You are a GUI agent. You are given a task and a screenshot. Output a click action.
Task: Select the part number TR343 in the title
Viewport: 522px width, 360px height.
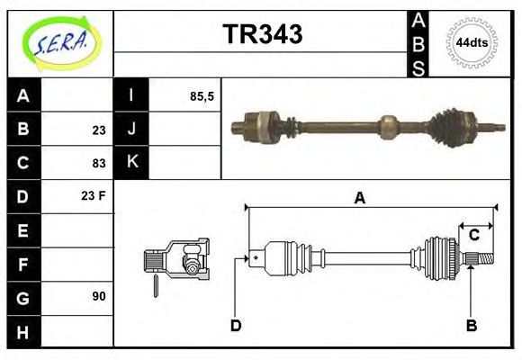(x=262, y=34)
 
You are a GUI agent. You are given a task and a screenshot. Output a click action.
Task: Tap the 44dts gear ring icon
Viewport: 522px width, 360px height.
(x=472, y=43)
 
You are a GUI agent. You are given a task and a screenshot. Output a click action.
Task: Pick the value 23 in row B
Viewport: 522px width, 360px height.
(x=98, y=130)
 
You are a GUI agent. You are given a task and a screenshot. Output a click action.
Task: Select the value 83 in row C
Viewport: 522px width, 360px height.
(x=98, y=163)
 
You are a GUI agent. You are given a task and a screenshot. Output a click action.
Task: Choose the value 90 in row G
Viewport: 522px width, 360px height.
(x=98, y=296)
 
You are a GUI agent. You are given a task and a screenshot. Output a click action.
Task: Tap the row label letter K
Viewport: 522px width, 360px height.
(x=131, y=163)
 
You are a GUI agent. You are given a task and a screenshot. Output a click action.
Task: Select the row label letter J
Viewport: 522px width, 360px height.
(x=131, y=130)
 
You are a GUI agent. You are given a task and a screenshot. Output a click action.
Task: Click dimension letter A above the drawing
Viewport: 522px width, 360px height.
(x=359, y=198)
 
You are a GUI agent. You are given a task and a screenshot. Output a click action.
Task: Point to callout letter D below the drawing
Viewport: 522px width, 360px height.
(x=236, y=325)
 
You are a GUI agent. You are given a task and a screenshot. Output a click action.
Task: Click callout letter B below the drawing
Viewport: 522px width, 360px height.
(x=471, y=325)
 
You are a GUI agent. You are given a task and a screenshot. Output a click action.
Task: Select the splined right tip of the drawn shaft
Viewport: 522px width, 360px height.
(x=484, y=260)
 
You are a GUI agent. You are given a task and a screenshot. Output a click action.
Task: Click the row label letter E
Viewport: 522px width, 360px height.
(x=23, y=229)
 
